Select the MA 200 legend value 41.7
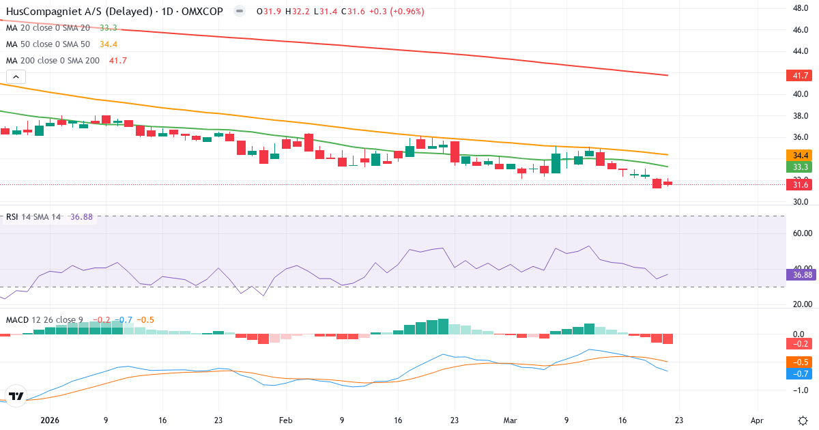coord(118,61)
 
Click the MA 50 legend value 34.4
coord(109,44)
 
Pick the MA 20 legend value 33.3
coord(109,28)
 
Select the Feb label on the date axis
coord(286,421)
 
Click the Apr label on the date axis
coord(757,421)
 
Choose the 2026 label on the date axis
coord(50,421)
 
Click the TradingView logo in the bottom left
coord(16,396)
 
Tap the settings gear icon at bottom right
coord(803,420)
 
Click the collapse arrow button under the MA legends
coord(16,77)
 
